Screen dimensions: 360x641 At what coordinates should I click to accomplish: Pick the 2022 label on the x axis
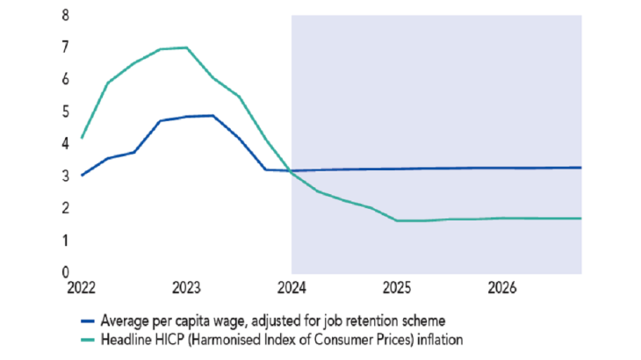(81, 287)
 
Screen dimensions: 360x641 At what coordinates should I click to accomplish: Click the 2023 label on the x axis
(186, 287)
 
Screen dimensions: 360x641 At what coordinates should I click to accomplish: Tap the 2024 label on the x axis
(292, 287)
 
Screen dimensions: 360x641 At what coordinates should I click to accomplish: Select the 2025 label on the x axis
(397, 287)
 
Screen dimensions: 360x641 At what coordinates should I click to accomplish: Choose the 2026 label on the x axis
(501, 287)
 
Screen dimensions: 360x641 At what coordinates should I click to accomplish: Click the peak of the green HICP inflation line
(185, 47)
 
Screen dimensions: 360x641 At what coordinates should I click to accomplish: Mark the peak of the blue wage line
(212, 115)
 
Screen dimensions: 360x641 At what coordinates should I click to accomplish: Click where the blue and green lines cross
(289, 170)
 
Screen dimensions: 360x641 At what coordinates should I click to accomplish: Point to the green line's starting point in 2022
(81, 138)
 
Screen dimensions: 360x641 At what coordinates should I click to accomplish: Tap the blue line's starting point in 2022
(81, 176)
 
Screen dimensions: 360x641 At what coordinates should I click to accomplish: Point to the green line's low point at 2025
(397, 220)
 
